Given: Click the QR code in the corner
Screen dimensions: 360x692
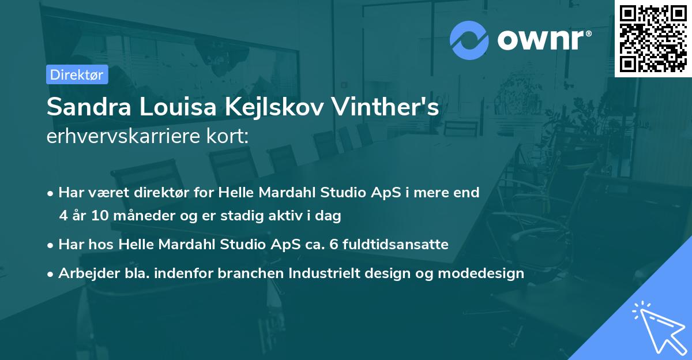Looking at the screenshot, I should (653, 38).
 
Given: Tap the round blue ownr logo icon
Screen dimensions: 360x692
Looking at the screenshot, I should (469, 39).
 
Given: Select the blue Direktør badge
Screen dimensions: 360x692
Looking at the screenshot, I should (77, 74).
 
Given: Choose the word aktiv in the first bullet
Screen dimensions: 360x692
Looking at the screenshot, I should (292, 216).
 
